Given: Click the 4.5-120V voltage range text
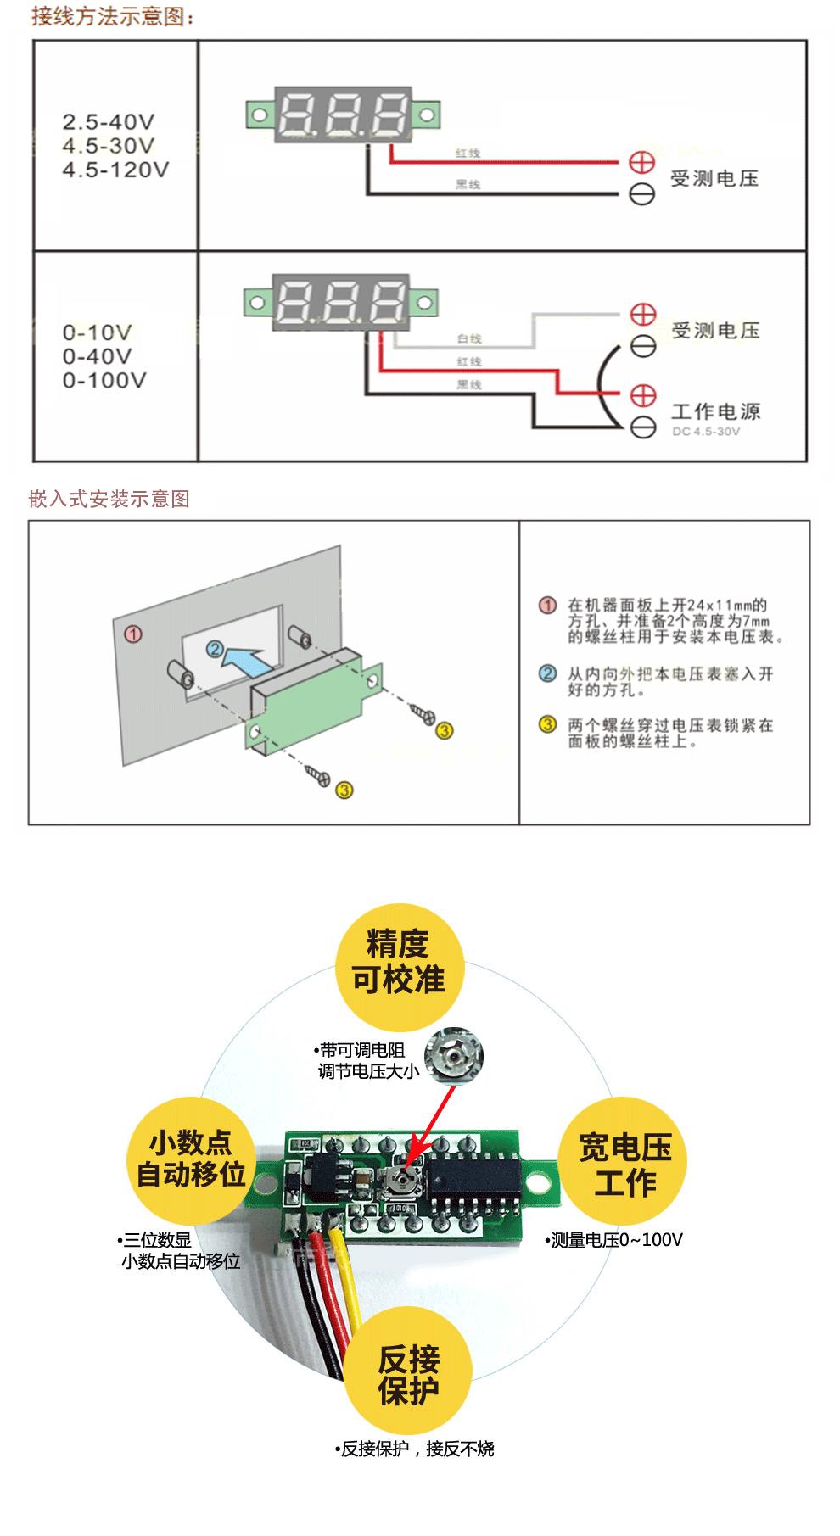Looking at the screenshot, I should (x=115, y=170).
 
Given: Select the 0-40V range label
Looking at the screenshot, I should (x=97, y=356).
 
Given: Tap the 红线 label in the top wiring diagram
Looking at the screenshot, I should (x=468, y=154).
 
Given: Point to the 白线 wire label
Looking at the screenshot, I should (x=469, y=338).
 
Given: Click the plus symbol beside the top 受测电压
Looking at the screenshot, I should (x=642, y=162).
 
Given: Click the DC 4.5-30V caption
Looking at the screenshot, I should (x=706, y=432).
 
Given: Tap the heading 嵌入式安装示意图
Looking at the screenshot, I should (x=109, y=499).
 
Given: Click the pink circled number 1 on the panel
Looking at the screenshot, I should (x=133, y=634).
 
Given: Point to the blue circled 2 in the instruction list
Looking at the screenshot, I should (x=548, y=674).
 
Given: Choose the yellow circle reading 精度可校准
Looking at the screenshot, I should (x=399, y=962).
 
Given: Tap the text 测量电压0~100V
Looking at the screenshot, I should (x=616, y=1240).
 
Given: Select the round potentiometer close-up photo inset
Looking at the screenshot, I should (x=454, y=1055).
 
